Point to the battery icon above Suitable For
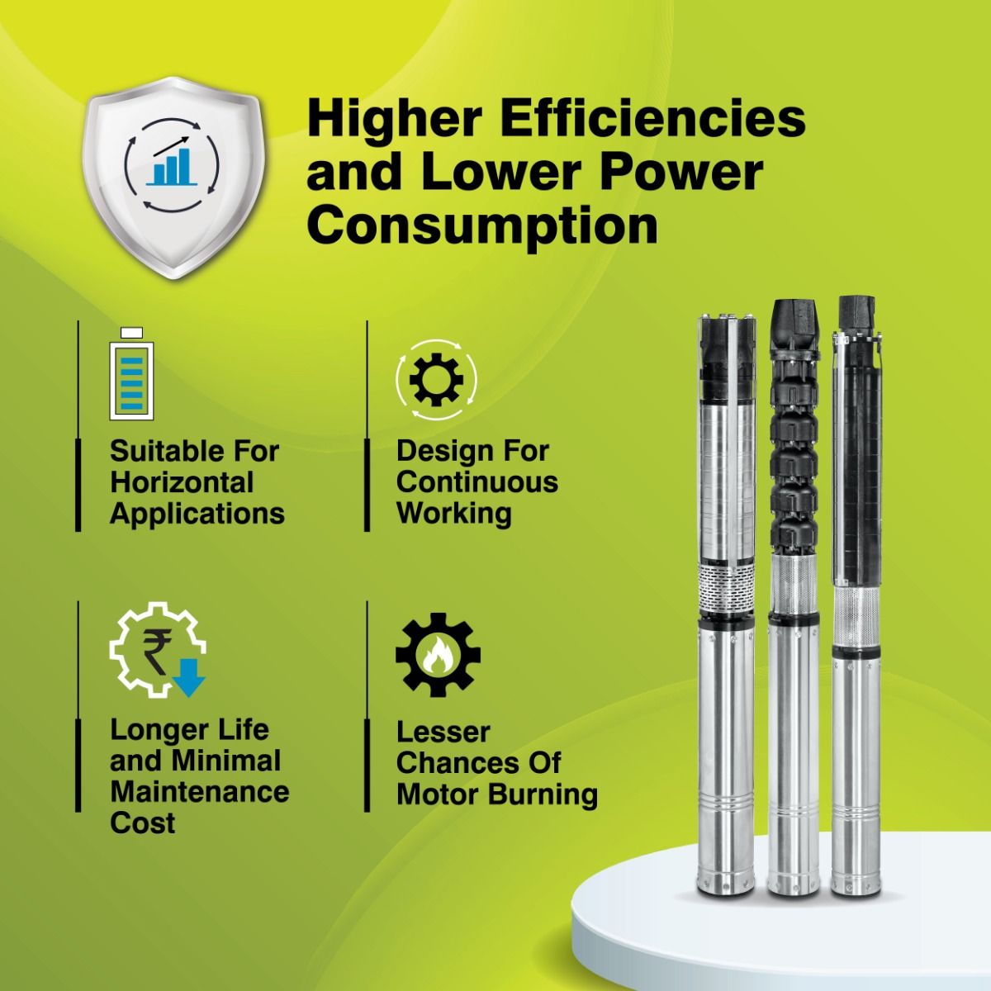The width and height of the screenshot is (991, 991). coord(131,374)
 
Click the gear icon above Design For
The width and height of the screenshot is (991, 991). coord(436,380)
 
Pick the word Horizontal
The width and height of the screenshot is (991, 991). coord(182,482)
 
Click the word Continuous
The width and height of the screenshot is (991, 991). coord(477,481)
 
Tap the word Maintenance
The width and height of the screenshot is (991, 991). coord(200,792)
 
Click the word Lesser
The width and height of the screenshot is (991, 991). coord(443,733)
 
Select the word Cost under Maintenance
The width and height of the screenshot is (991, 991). coord(142,823)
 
